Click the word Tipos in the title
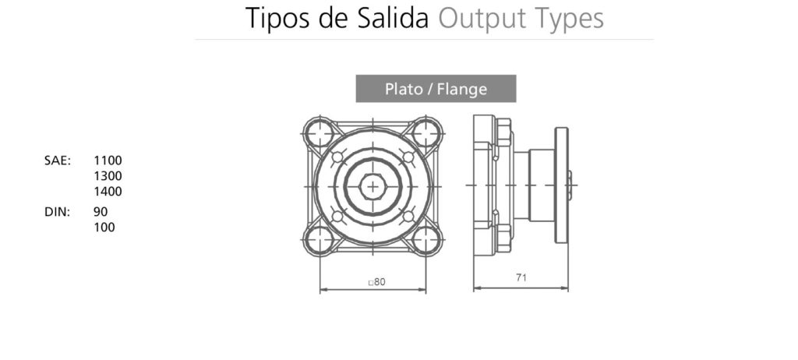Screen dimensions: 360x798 276,18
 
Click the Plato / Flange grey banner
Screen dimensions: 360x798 436,89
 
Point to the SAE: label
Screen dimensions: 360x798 58,161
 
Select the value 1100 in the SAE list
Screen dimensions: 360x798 108,161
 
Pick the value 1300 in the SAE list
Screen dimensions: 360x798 108,176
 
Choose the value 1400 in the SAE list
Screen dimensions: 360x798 108,191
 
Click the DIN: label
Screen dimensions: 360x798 58,212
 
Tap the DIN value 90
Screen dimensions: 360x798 101,212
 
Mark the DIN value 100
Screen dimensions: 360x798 104,228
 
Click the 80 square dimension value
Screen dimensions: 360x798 378,282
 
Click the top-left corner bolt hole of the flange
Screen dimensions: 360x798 320,133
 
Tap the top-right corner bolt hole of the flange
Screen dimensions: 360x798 426,133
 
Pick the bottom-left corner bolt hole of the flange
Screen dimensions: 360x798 320,240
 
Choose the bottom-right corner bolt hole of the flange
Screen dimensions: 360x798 426,240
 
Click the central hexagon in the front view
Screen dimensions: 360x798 373,186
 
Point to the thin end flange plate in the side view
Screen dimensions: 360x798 561,185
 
